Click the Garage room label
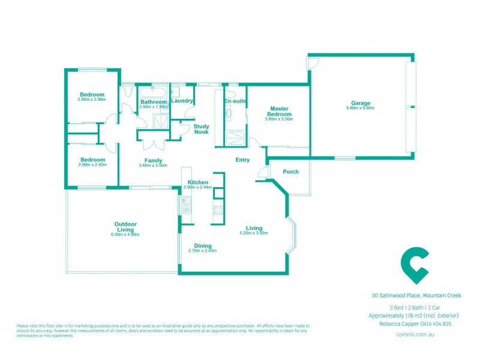[361, 103]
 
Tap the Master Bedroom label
[279, 111]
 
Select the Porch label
[290, 172]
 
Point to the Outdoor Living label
[125, 227]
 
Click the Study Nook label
[201, 128]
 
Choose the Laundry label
[182, 101]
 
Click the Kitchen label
[198, 182]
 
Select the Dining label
[202, 245]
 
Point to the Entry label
[242, 160]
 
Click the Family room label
[154, 161]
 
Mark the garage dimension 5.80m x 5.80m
[361, 108]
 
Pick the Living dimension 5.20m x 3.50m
[254, 233]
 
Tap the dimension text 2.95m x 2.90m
[92, 100]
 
